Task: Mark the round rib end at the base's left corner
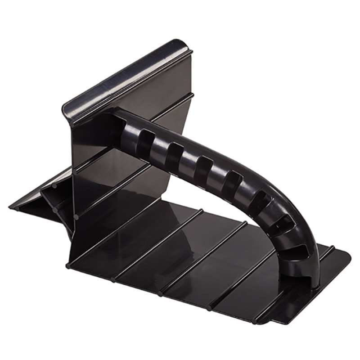click(x=67, y=265)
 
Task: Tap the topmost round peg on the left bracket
click(x=53, y=184)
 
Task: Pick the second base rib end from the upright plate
click(x=112, y=280)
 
